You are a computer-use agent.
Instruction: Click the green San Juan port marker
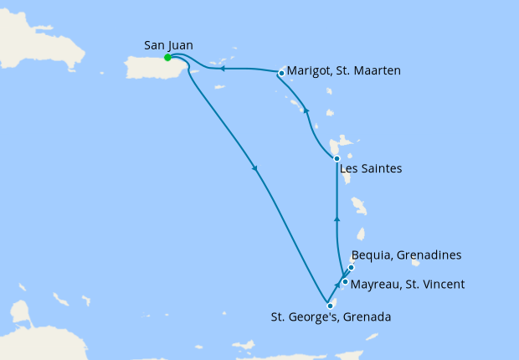(168, 58)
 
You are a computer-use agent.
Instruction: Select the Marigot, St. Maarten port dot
(281, 73)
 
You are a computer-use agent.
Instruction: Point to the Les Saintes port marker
(337, 158)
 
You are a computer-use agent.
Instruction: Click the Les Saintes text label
(371, 168)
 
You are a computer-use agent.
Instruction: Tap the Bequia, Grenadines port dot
(352, 268)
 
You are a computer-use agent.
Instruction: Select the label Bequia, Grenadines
(407, 255)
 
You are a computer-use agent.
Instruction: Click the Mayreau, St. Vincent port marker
(345, 282)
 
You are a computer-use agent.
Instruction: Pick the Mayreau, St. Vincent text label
(408, 285)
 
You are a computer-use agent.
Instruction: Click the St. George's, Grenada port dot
(330, 306)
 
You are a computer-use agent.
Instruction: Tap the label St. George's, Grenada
(330, 317)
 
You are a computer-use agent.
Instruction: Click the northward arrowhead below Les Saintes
(337, 219)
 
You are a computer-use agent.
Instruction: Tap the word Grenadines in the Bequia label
(431, 255)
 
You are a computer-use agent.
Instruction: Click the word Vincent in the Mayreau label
(443, 285)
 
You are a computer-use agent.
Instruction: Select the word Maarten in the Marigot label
(377, 71)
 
